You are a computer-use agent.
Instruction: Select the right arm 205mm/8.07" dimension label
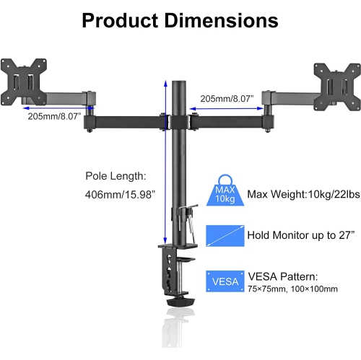[225, 98]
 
